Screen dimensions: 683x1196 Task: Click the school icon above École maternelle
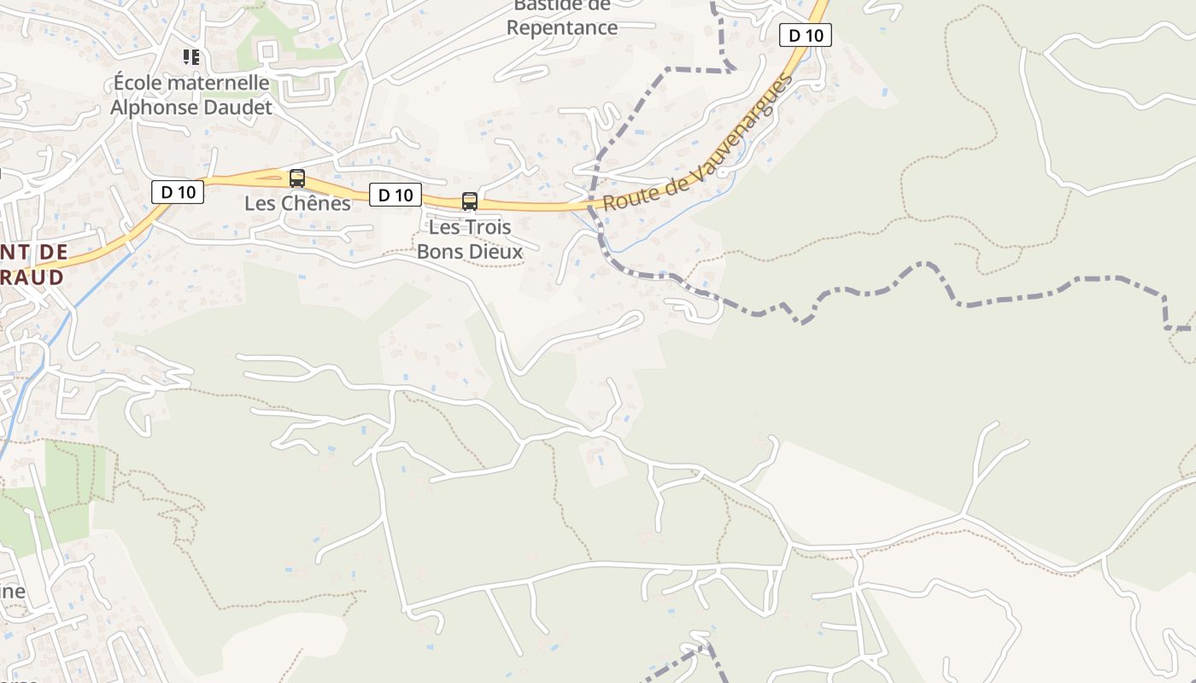point(191,57)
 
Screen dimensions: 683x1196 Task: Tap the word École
point(139,83)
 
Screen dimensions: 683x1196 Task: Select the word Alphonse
point(151,108)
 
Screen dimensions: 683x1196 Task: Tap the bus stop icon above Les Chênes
point(297,178)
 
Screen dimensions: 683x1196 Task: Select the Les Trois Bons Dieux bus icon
point(469,201)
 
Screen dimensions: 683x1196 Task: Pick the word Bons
point(440,252)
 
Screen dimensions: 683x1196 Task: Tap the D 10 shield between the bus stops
point(396,195)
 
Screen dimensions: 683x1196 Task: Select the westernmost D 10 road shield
point(178,192)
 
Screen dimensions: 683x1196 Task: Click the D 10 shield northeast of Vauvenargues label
point(806,35)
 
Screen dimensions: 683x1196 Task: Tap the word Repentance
point(561,27)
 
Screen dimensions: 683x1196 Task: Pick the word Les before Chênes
point(259,203)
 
